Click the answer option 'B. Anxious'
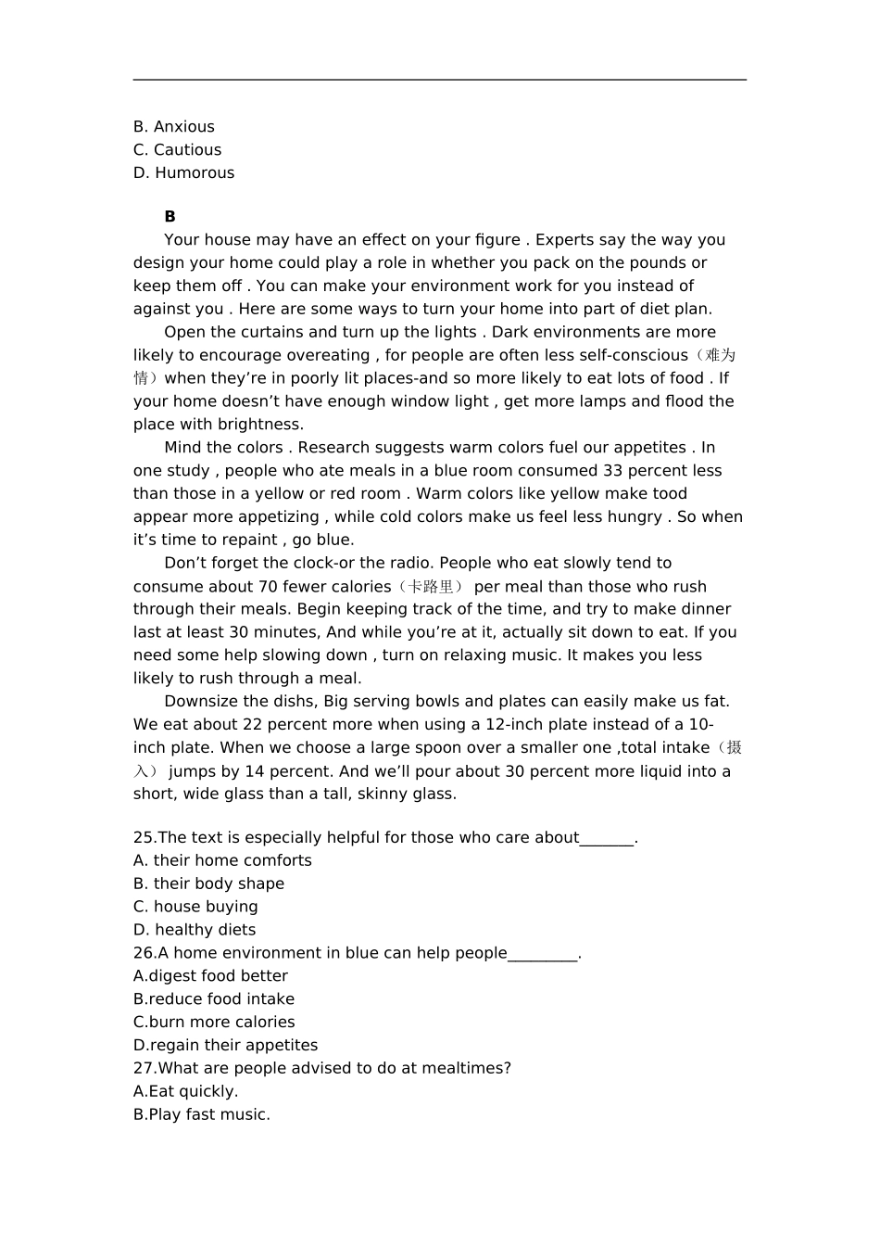coord(173,127)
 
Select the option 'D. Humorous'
coord(183,173)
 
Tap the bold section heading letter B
coord(170,217)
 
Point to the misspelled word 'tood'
coord(670,494)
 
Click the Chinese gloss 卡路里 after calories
coord(432,587)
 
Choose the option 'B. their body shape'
coord(208,884)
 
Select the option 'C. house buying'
coord(195,907)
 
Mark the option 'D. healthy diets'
coord(195,930)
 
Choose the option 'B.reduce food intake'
coord(214,999)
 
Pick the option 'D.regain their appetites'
coord(225,1046)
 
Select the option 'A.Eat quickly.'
coord(185,1092)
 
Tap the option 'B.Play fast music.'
coord(202,1115)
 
